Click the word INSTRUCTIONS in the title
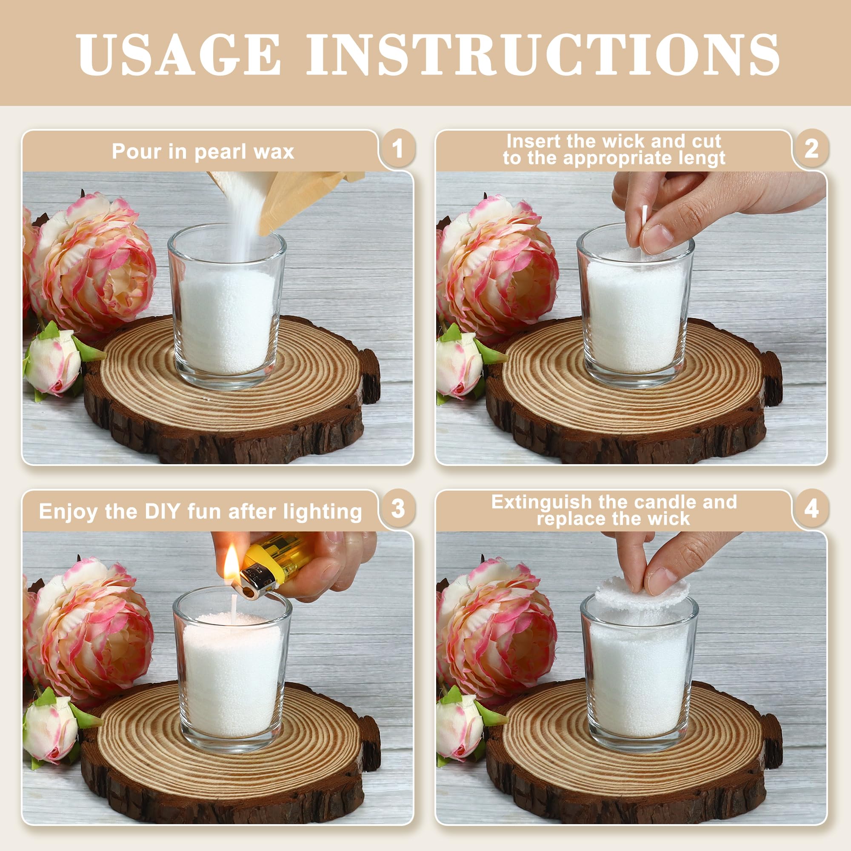tap(543, 54)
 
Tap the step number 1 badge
tap(398, 148)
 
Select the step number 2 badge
tap(811, 148)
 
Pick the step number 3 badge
tap(398, 509)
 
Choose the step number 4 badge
tap(811, 509)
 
